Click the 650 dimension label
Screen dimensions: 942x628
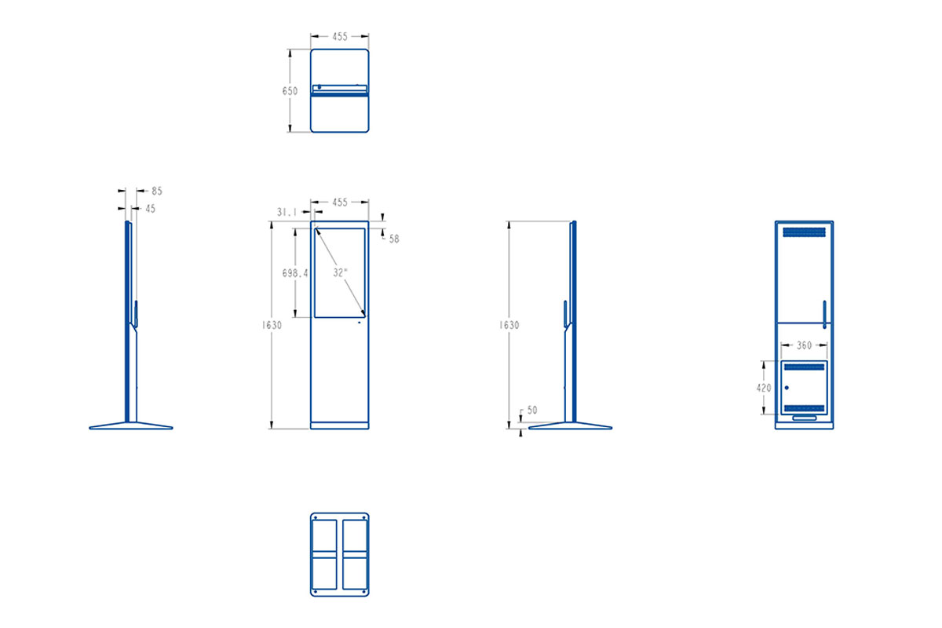pos(290,91)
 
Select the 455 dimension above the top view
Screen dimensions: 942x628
pos(340,37)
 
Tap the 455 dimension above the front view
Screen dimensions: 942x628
pos(340,203)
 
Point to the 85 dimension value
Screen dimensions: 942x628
pos(157,191)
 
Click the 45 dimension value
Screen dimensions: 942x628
pos(150,209)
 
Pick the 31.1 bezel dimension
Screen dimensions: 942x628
pos(287,213)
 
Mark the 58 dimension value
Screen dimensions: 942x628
pos(394,239)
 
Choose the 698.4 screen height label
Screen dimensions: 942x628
pos(295,273)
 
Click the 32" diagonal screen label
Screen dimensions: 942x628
pos(340,272)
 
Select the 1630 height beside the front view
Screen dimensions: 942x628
pos(272,325)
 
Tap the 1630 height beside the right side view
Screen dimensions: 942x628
pos(509,325)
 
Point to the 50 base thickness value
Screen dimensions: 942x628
pos(532,410)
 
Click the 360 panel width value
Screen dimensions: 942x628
pos(804,345)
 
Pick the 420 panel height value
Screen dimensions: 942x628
pos(764,388)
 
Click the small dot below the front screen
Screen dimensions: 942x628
pos(360,323)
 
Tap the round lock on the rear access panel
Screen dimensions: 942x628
pos(787,388)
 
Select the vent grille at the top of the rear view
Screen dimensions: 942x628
pos(804,232)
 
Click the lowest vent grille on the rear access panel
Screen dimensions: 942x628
pos(804,408)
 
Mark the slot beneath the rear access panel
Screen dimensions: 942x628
pos(804,418)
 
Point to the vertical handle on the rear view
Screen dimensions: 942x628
pos(824,315)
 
